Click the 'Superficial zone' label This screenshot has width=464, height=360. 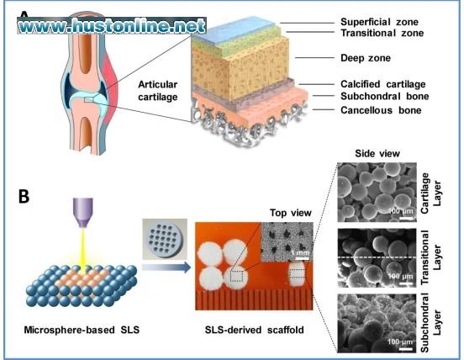tap(379, 22)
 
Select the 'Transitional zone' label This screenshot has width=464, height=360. tap(382, 33)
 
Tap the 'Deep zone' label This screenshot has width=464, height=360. tap(366, 58)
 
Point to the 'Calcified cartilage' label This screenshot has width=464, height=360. tap(383, 84)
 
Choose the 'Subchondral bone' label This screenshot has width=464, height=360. tap(385, 96)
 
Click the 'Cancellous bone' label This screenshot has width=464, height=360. tap(381, 110)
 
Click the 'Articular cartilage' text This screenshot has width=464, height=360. tap(158, 91)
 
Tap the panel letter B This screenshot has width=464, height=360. tap(24, 196)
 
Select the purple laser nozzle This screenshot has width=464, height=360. tap(83, 213)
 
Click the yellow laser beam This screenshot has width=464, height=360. tap(83, 249)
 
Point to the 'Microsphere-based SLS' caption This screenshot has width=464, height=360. tap(82, 330)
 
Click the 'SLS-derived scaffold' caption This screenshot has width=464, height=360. tap(254, 330)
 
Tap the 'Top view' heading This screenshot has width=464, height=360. tap(291, 213)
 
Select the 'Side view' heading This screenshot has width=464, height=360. tap(377, 153)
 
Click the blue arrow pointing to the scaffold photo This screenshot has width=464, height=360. tap(166, 267)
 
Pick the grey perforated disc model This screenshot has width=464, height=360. tap(165, 239)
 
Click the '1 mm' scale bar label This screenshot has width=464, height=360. tap(300, 253)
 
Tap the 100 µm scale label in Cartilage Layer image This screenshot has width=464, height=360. tap(400, 211)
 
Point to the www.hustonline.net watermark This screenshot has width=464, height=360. tap(112, 26)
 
